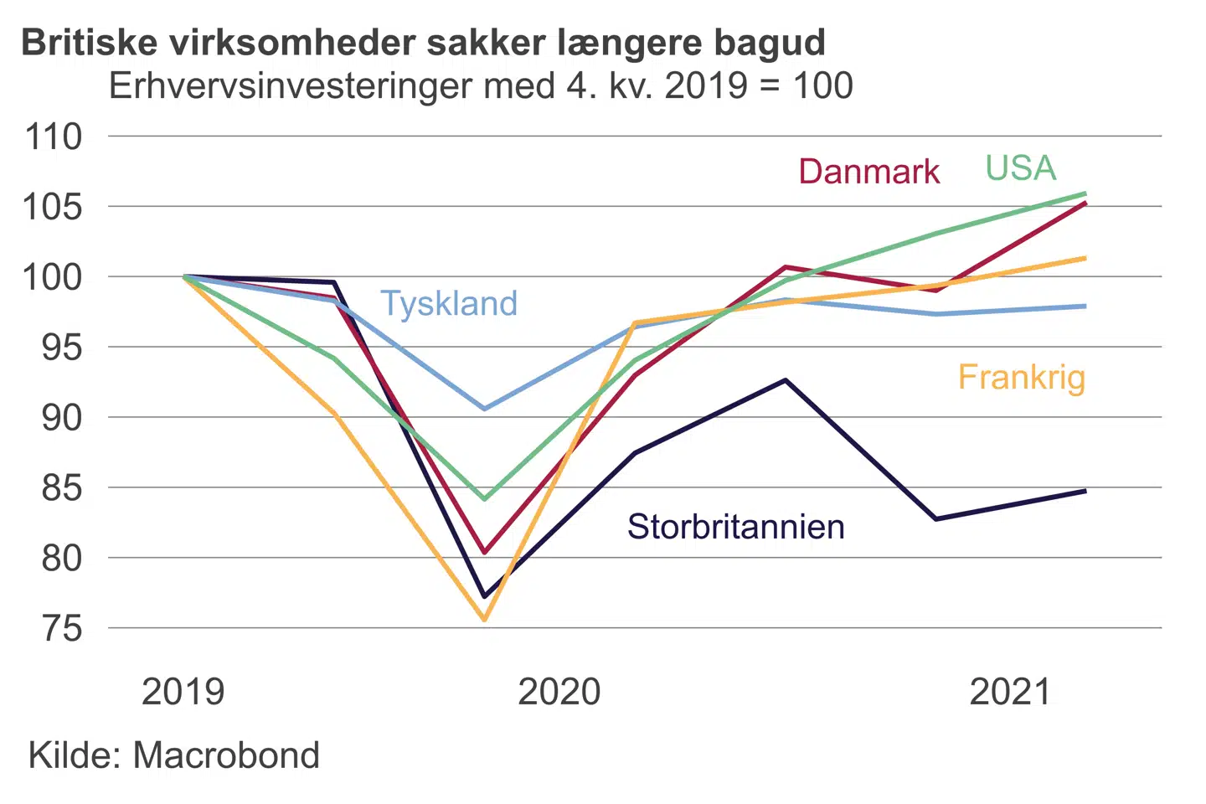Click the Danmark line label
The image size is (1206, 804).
coord(868,172)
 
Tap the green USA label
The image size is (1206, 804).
coord(1020,168)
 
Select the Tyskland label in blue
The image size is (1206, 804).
coord(449,303)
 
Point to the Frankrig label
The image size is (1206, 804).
coord(1021,378)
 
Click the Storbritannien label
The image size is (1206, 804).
coord(735,527)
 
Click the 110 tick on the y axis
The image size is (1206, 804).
coord(54,137)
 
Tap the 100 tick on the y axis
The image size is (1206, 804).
coord(54,277)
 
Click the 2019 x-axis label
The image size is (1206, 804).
coord(183,693)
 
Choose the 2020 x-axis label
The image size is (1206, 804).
coord(559,693)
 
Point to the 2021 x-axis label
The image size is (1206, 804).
coord(1009,693)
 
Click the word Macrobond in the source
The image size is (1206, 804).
coord(226,755)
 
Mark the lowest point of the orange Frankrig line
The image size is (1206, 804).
coord(484,620)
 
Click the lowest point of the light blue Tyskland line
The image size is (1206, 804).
coord(484,409)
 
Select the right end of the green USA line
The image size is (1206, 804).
coord(1085,193)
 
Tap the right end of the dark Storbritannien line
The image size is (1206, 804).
coord(1085,491)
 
